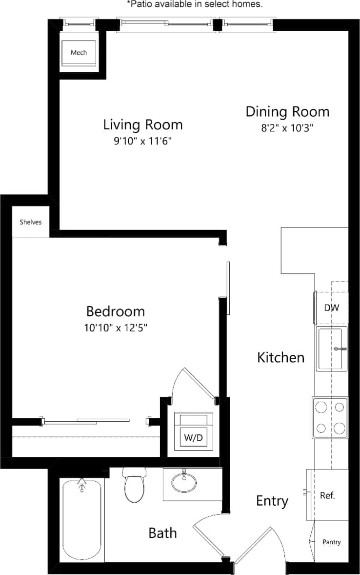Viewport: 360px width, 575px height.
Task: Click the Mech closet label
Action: click(x=79, y=52)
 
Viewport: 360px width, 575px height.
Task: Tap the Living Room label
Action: click(x=143, y=124)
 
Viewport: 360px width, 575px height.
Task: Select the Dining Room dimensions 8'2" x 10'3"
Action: click(x=287, y=128)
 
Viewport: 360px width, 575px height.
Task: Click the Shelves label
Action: click(x=30, y=222)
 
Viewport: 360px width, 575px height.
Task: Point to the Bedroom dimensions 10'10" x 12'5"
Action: click(x=116, y=328)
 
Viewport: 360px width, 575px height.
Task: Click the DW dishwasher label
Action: click(x=332, y=308)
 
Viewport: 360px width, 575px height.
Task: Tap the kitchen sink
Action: click(x=331, y=349)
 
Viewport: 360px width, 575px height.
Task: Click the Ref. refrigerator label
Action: click(x=327, y=495)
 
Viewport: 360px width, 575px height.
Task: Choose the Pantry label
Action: click(x=332, y=542)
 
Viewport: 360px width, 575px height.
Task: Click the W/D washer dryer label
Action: click(x=193, y=438)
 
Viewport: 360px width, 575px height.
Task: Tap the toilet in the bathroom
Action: click(x=135, y=485)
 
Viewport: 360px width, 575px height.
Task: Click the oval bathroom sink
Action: click(x=184, y=483)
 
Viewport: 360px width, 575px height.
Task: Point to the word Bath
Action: click(x=162, y=533)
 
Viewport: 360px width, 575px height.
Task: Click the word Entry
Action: click(x=272, y=501)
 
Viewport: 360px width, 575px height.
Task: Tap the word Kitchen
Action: click(x=280, y=357)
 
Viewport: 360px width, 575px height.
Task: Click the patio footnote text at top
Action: click(x=195, y=4)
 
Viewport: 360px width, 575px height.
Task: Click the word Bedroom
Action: click(x=116, y=311)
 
